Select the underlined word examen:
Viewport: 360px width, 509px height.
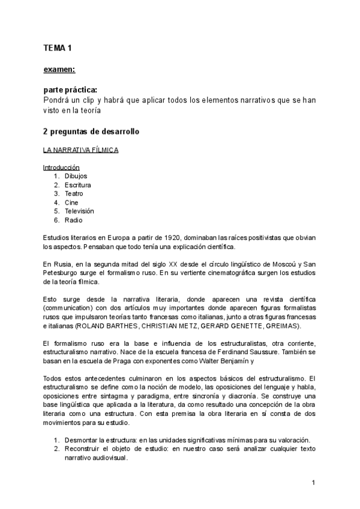[x=59, y=70]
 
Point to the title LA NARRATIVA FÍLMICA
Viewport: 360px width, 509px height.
[x=80, y=150]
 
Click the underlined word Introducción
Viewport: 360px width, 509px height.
[x=61, y=167]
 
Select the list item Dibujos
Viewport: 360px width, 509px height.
[x=76, y=176]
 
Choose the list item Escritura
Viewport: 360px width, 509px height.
[x=77, y=185]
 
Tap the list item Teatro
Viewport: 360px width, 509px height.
[x=74, y=194]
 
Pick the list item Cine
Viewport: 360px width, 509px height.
[x=71, y=203]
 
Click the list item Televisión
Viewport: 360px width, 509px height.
[x=79, y=211]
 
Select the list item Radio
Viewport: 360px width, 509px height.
[x=73, y=220]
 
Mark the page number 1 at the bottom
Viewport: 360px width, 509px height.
[x=313, y=482]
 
